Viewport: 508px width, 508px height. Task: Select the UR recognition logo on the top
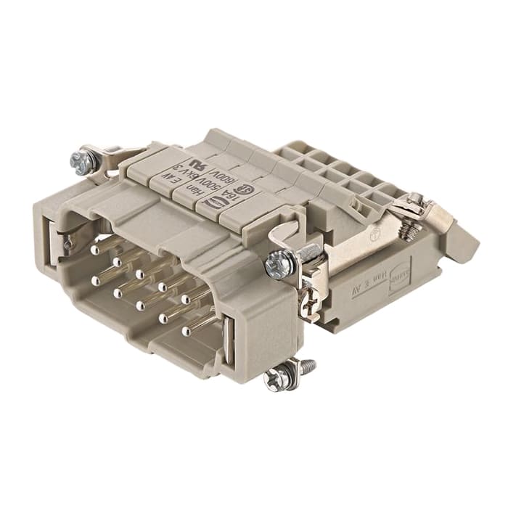pos(197,160)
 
